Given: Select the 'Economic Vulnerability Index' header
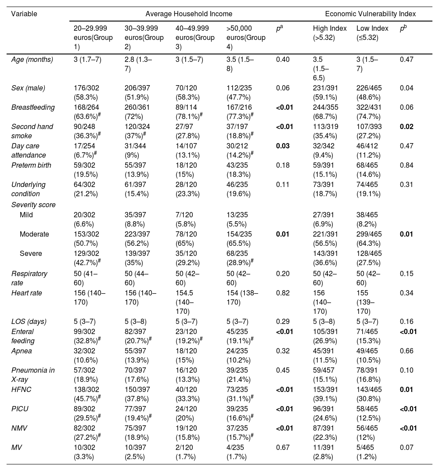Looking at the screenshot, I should [x=371, y=14].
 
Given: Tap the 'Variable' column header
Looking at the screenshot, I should [x=24, y=14].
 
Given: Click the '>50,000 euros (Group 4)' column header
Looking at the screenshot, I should [x=246, y=37].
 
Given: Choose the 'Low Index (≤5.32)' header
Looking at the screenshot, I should [x=372, y=33].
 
